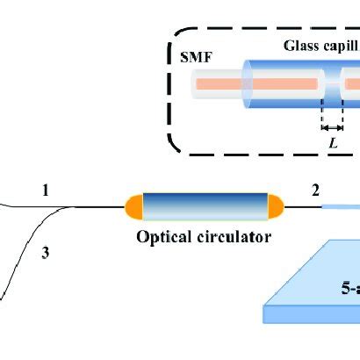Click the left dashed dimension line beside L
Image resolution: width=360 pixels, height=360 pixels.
[322, 123]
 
